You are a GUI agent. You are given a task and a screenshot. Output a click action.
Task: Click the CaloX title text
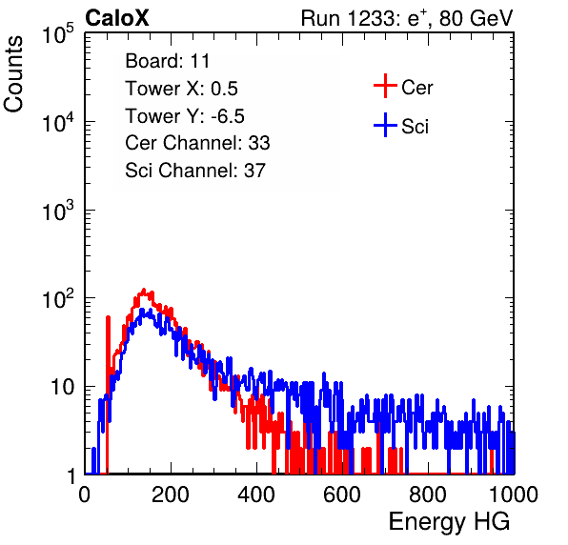pos(117,18)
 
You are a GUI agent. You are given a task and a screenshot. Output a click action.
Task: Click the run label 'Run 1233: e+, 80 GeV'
pos(407,18)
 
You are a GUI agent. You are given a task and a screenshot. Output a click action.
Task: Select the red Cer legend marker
pos(385,86)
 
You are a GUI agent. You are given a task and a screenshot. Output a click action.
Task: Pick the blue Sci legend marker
pos(385,125)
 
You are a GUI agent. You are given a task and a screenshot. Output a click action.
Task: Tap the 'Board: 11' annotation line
pos(168,61)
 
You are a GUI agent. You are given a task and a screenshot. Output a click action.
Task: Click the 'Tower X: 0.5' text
pos(181,89)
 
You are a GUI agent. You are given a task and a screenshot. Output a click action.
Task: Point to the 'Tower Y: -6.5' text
pos(185,116)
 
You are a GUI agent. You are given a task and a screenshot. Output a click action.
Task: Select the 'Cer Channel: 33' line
pos(197,143)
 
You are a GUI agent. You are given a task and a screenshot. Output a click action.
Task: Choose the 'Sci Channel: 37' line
pos(195,171)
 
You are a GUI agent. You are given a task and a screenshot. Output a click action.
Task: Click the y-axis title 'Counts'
pos(13,74)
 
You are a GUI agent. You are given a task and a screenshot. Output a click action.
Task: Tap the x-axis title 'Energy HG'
pos(449,522)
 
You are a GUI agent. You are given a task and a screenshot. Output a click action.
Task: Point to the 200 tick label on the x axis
pos(171,495)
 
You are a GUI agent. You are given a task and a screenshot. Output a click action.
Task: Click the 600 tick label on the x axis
pos(342,495)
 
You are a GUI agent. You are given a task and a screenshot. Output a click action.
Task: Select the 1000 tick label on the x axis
pos(514,495)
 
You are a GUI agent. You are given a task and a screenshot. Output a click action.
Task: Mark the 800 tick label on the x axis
pos(428,495)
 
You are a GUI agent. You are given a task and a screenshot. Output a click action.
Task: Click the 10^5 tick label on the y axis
pos(58,33)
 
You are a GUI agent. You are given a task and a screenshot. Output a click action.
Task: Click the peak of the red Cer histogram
pos(144,290)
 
